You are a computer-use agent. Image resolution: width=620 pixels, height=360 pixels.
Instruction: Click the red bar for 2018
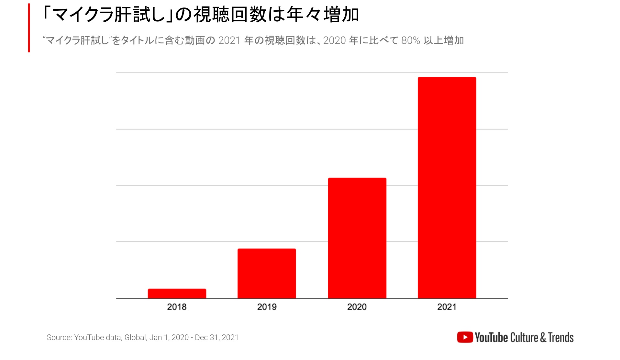[x=177, y=293]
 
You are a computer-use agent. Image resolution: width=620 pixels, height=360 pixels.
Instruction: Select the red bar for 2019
[x=267, y=273]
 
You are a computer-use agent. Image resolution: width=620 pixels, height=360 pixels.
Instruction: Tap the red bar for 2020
[x=357, y=238]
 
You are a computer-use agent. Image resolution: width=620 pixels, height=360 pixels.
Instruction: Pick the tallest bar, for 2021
[x=447, y=187]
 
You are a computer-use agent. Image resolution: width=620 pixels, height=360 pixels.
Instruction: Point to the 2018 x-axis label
[x=177, y=307]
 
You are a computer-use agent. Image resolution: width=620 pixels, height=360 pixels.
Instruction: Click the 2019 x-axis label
[x=267, y=307]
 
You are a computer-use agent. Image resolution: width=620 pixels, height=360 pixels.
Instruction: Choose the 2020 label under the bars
[x=357, y=307]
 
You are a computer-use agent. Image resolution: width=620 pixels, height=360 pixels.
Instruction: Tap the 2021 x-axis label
[x=447, y=307]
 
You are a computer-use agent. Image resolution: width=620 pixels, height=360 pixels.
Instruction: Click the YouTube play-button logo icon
[x=465, y=337]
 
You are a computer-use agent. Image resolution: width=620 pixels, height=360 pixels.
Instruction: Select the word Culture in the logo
[x=524, y=338]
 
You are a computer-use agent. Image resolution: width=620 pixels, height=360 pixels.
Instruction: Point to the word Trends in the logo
[x=561, y=338]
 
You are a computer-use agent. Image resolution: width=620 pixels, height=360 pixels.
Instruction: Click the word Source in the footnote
[x=59, y=337]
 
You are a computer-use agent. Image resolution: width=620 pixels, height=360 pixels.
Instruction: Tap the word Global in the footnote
[x=135, y=337]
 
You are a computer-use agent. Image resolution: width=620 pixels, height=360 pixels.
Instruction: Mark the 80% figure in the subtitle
[x=410, y=40]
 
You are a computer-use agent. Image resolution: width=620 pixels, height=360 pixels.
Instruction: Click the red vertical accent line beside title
[x=29, y=28]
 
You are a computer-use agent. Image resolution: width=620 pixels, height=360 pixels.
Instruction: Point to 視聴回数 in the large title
[x=230, y=15]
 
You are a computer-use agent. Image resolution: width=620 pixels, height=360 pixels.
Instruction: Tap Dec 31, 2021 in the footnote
[x=216, y=337]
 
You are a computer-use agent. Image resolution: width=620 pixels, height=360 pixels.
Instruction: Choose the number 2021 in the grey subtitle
[x=229, y=40]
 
